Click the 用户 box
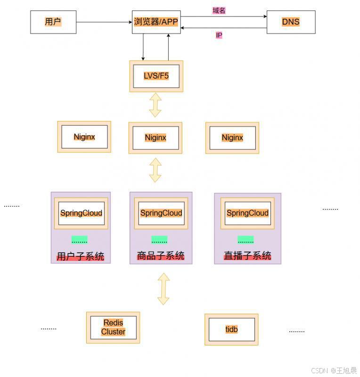(x=53, y=22)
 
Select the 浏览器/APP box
(x=156, y=22)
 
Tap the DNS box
(x=291, y=22)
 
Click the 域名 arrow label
(x=219, y=10)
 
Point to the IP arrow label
(x=219, y=35)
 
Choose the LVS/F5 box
(x=156, y=76)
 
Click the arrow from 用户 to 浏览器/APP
(x=104, y=22)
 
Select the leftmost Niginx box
(x=84, y=137)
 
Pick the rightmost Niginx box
(x=232, y=138)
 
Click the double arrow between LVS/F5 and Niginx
(x=155, y=105)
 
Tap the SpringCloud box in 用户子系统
(x=81, y=213)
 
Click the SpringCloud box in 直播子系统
(x=247, y=213)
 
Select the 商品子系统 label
(x=161, y=256)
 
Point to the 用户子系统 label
(x=81, y=257)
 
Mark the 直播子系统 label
(x=247, y=256)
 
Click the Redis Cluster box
(x=113, y=328)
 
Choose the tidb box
(x=231, y=329)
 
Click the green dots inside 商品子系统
(x=159, y=240)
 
